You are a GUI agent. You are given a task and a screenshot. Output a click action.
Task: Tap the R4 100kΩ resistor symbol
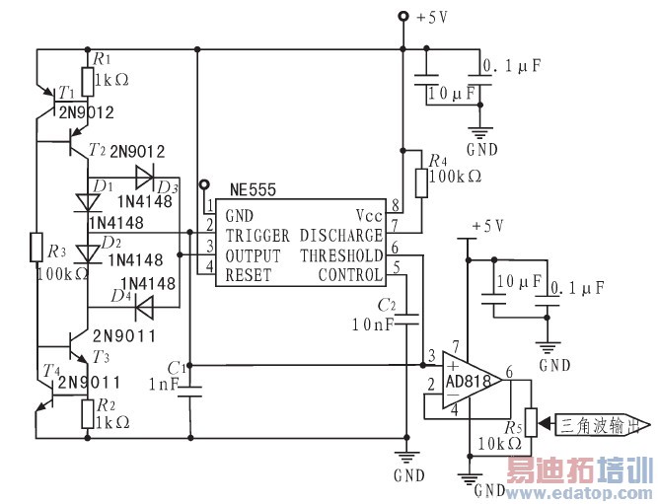(x=422, y=182)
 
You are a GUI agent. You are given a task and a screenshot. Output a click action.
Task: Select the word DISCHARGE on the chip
(x=340, y=237)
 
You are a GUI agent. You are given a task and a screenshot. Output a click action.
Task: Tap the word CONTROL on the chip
(x=349, y=275)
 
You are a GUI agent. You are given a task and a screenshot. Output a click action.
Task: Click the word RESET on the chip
(x=248, y=275)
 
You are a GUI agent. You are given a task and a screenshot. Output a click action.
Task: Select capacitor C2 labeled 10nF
(x=405, y=319)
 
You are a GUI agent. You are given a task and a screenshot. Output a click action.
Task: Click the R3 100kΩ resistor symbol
(x=37, y=246)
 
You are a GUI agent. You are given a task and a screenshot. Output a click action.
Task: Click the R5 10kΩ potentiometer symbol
(x=531, y=422)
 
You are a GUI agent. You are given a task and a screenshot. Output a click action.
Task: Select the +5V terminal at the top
(x=402, y=17)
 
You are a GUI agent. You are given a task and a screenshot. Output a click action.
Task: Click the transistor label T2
(x=96, y=150)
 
